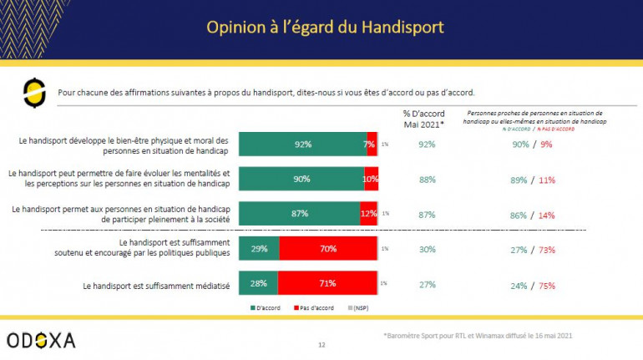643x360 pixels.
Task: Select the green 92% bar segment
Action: [302, 144]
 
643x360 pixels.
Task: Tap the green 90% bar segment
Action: [301, 179]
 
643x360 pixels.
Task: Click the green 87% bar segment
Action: [299, 214]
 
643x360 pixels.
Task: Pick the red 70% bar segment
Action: [327, 249]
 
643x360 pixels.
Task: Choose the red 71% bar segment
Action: [327, 283]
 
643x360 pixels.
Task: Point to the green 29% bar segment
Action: [259, 249]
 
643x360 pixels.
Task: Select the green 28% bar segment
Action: [258, 283]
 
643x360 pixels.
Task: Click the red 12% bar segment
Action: [368, 214]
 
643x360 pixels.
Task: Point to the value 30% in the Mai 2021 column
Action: [426, 249]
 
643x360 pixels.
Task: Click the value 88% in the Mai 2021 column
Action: [426, 179]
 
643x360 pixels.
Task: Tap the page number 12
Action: [321, 344]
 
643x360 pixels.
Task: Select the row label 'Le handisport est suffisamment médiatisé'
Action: [156, 284]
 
